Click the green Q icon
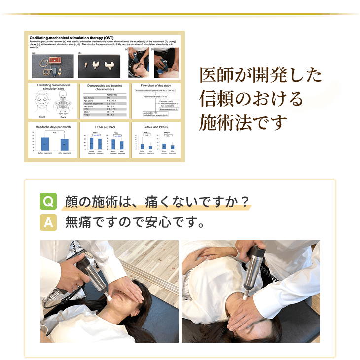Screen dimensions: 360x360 (48, 202)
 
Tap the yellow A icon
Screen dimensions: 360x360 (48, 223)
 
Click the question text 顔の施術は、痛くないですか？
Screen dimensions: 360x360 (156, 202)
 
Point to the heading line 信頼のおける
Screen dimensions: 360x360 (251, 99)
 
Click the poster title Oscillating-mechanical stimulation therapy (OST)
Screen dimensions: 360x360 (72, 38)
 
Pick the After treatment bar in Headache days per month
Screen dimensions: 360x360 (65, 144)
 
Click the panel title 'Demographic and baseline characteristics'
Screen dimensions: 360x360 (104, 88)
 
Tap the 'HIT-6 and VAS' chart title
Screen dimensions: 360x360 (104, 127)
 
